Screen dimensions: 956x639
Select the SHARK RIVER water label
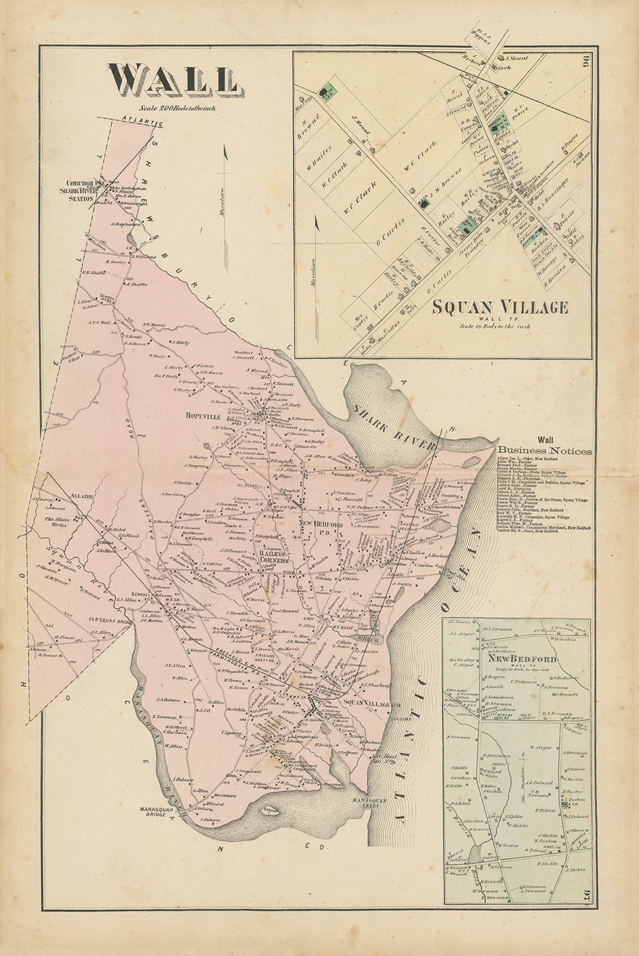394,426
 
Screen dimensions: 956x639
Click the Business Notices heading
545,450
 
